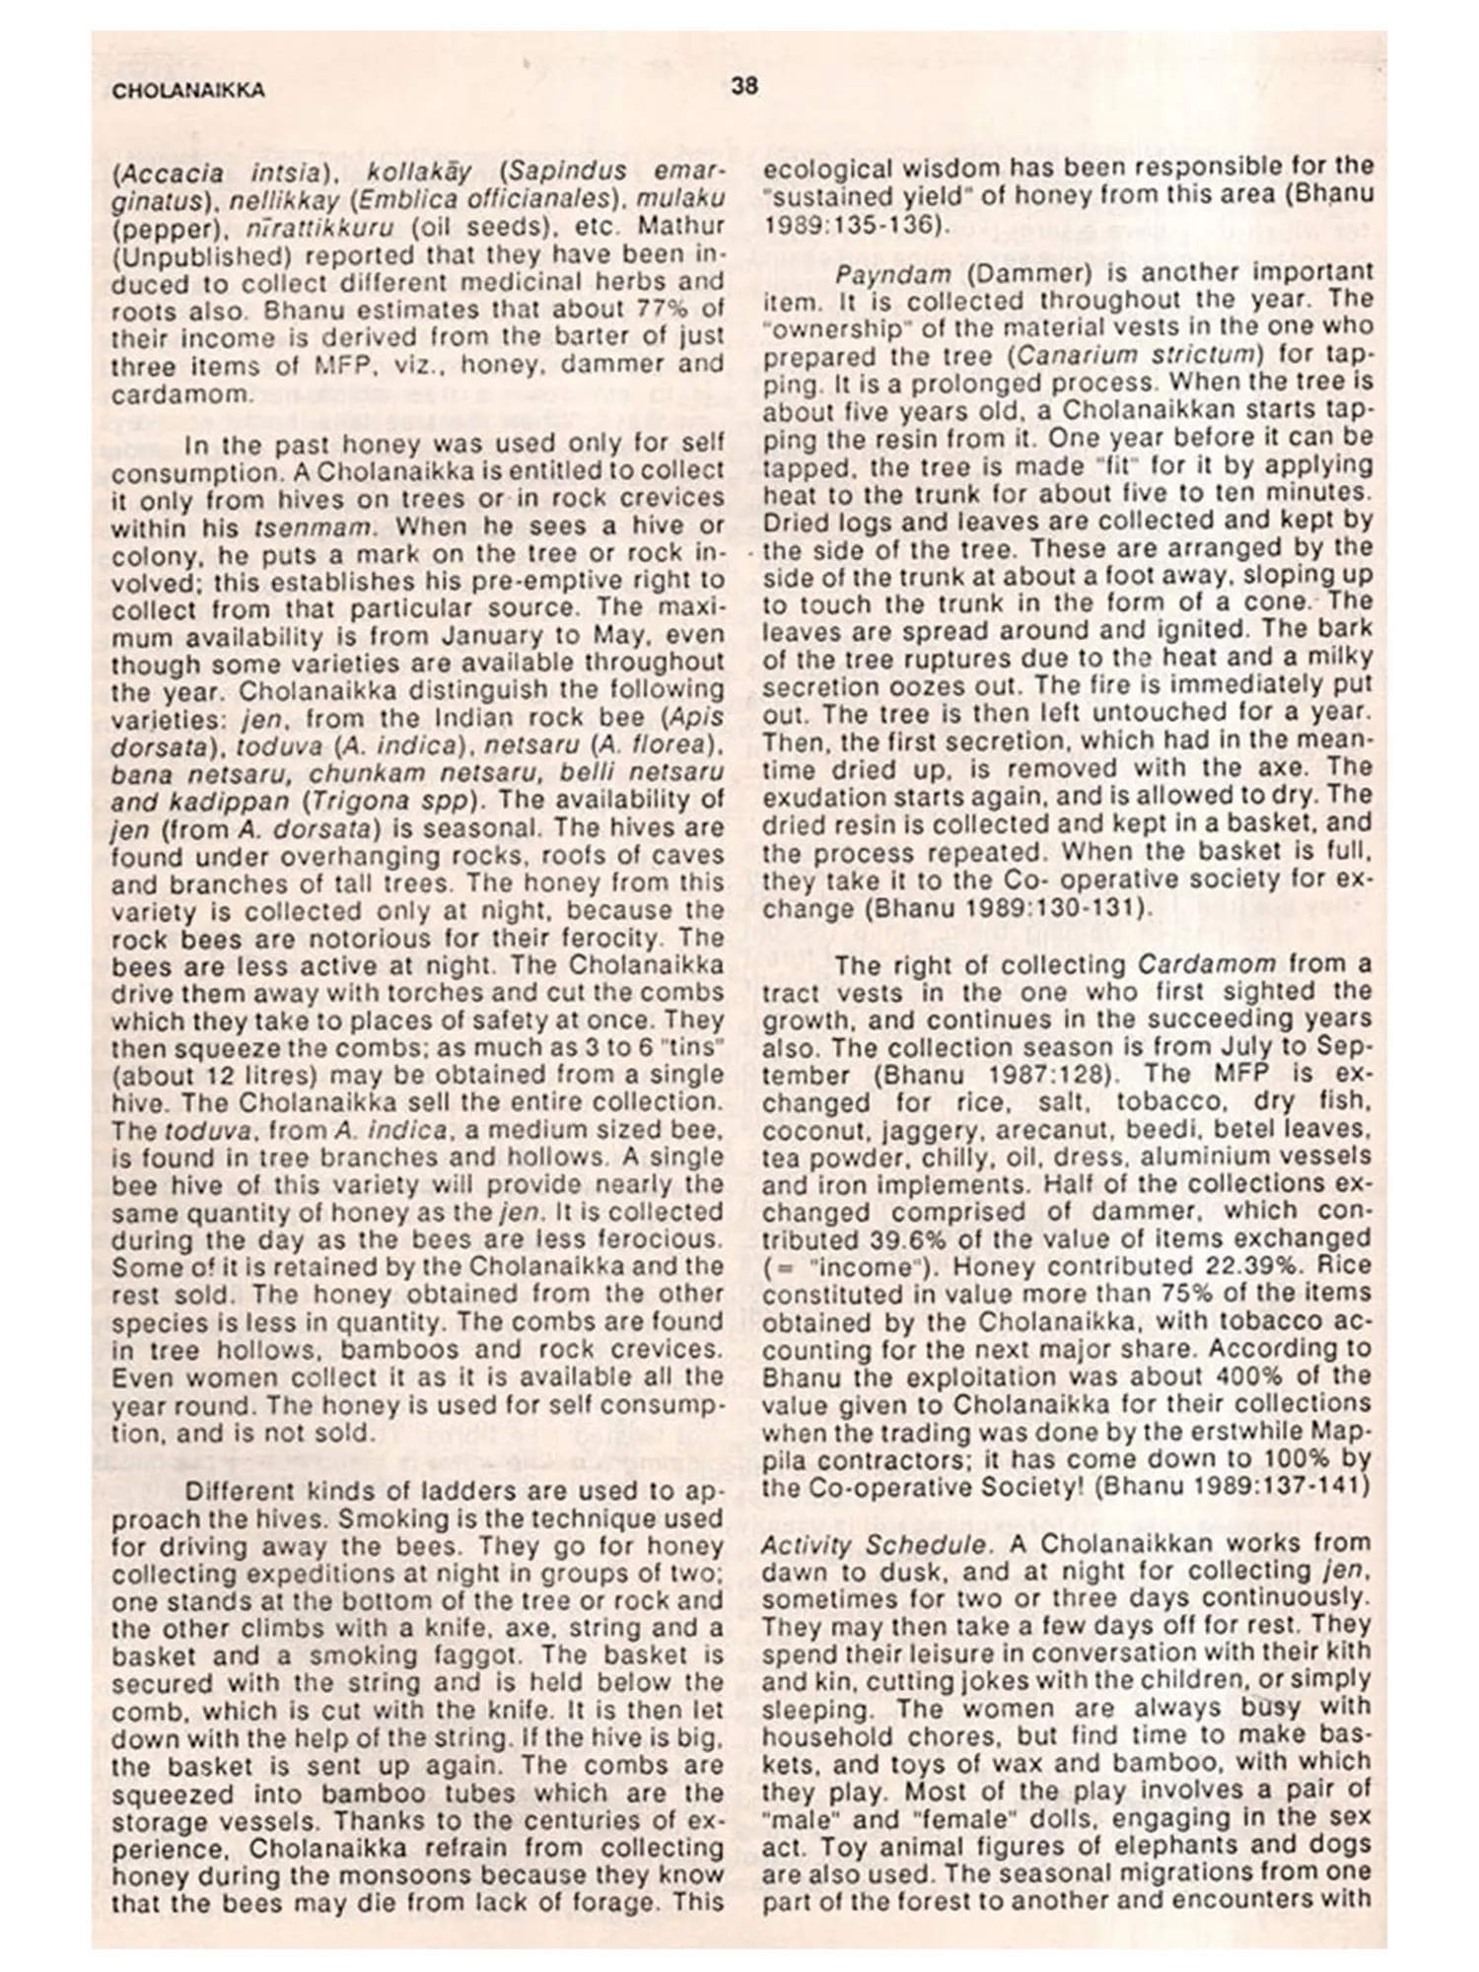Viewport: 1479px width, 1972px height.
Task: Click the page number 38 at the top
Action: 744,86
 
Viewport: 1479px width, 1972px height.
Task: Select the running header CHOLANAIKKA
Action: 188,91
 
